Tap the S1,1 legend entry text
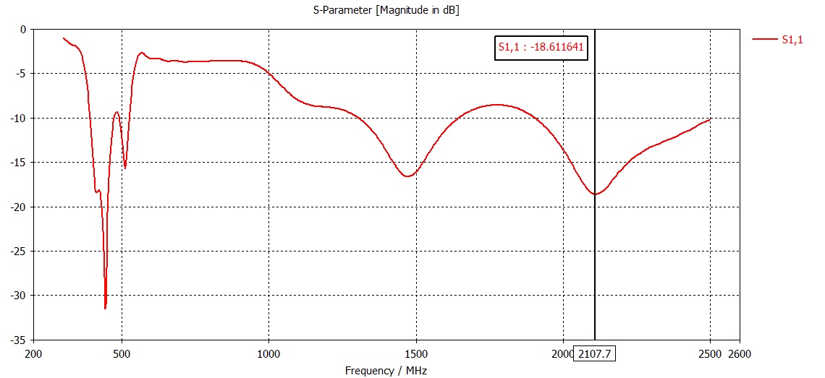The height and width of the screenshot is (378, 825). coord(792,40)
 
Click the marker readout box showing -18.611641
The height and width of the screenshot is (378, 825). coord(541,48)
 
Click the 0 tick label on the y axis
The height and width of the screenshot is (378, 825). coord(22,30)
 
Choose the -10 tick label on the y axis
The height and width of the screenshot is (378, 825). coord(18,118)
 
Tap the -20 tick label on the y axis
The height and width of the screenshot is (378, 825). coord(18,207)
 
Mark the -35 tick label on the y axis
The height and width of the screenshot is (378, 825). coord(18,340)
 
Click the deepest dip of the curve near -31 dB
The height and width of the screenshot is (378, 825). coord(106,308)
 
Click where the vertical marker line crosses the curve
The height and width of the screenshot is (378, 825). coord(595,194)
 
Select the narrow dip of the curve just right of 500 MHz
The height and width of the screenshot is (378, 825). coord(125,168)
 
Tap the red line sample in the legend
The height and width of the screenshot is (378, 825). coord(764,40)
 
